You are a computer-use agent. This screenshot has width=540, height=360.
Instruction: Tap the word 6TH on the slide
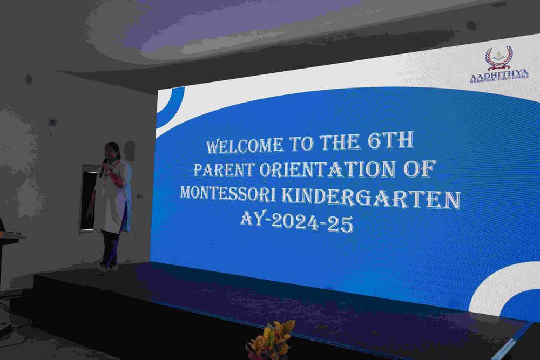click(390, 140)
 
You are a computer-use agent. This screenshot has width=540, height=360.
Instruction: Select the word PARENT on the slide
click(224, 169)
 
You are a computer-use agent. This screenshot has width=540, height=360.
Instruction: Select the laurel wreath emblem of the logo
click(500, 58)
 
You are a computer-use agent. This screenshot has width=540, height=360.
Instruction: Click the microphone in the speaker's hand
click(103, 168)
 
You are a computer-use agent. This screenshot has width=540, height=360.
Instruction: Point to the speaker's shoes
click(108, 267)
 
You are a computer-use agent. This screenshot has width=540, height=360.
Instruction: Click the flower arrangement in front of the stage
click(271, 341)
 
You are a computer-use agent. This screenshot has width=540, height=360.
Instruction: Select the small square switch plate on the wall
click(52, 121)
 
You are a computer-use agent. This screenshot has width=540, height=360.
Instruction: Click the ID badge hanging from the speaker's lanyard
click(103, 191)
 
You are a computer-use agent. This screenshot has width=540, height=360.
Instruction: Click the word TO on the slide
click(301, 144)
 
